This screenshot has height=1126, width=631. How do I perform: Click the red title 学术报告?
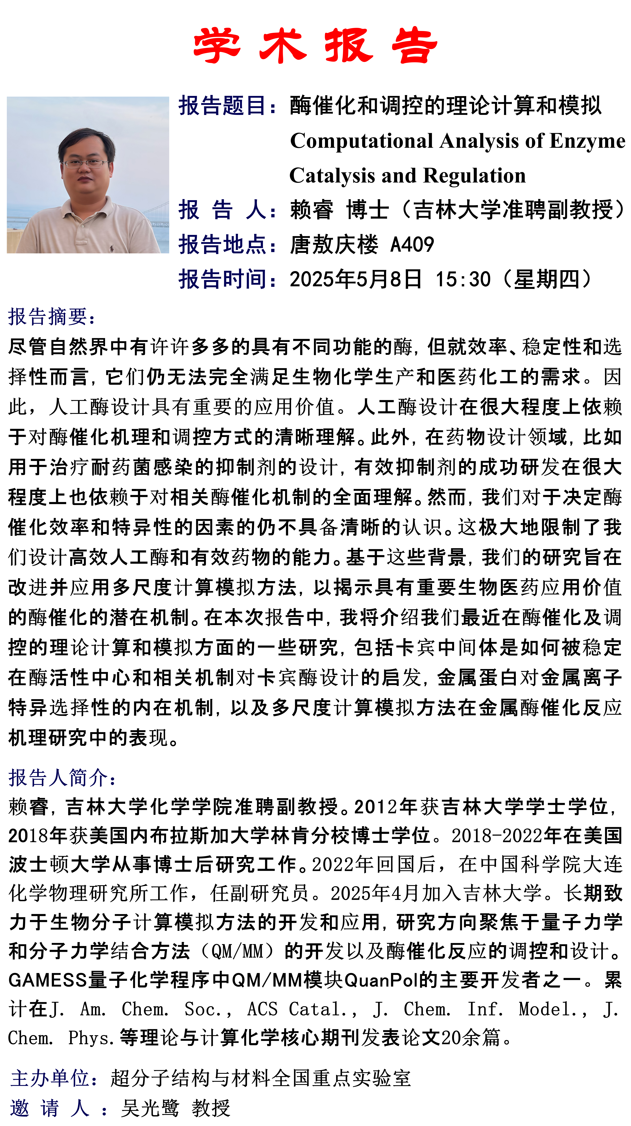(315, 46)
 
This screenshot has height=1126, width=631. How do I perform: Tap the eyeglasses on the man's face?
(85, 164)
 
